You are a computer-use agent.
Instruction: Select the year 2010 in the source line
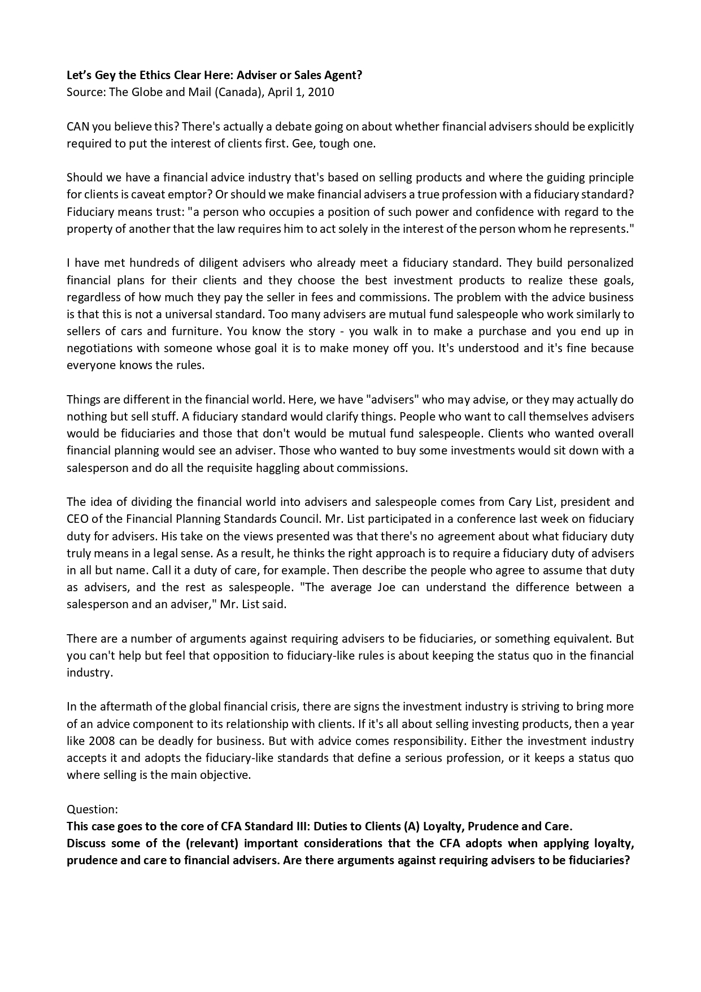click(321, 92)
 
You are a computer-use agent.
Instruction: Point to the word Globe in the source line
click(146, 92)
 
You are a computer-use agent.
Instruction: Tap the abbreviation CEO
click(77, 519)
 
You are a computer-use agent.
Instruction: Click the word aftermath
click(121, 707)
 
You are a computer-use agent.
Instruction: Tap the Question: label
click(92, 809)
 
